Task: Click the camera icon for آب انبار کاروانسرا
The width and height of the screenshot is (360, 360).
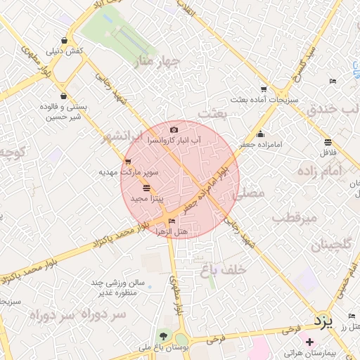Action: click(174, 130)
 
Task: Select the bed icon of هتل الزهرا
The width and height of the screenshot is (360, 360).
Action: click(172, 222)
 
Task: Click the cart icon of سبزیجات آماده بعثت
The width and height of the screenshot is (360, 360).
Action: click(264, 89)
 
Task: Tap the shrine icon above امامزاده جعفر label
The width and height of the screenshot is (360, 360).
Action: click(261, 134)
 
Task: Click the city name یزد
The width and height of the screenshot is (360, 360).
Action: click(322, 322)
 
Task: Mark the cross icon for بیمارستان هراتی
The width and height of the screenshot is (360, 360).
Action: click(309, 341)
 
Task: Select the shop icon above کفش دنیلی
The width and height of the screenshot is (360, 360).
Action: click(65, 41)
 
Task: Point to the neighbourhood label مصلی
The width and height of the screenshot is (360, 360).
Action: click(251, 191)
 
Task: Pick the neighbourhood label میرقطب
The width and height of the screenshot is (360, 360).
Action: click(295, 218)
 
